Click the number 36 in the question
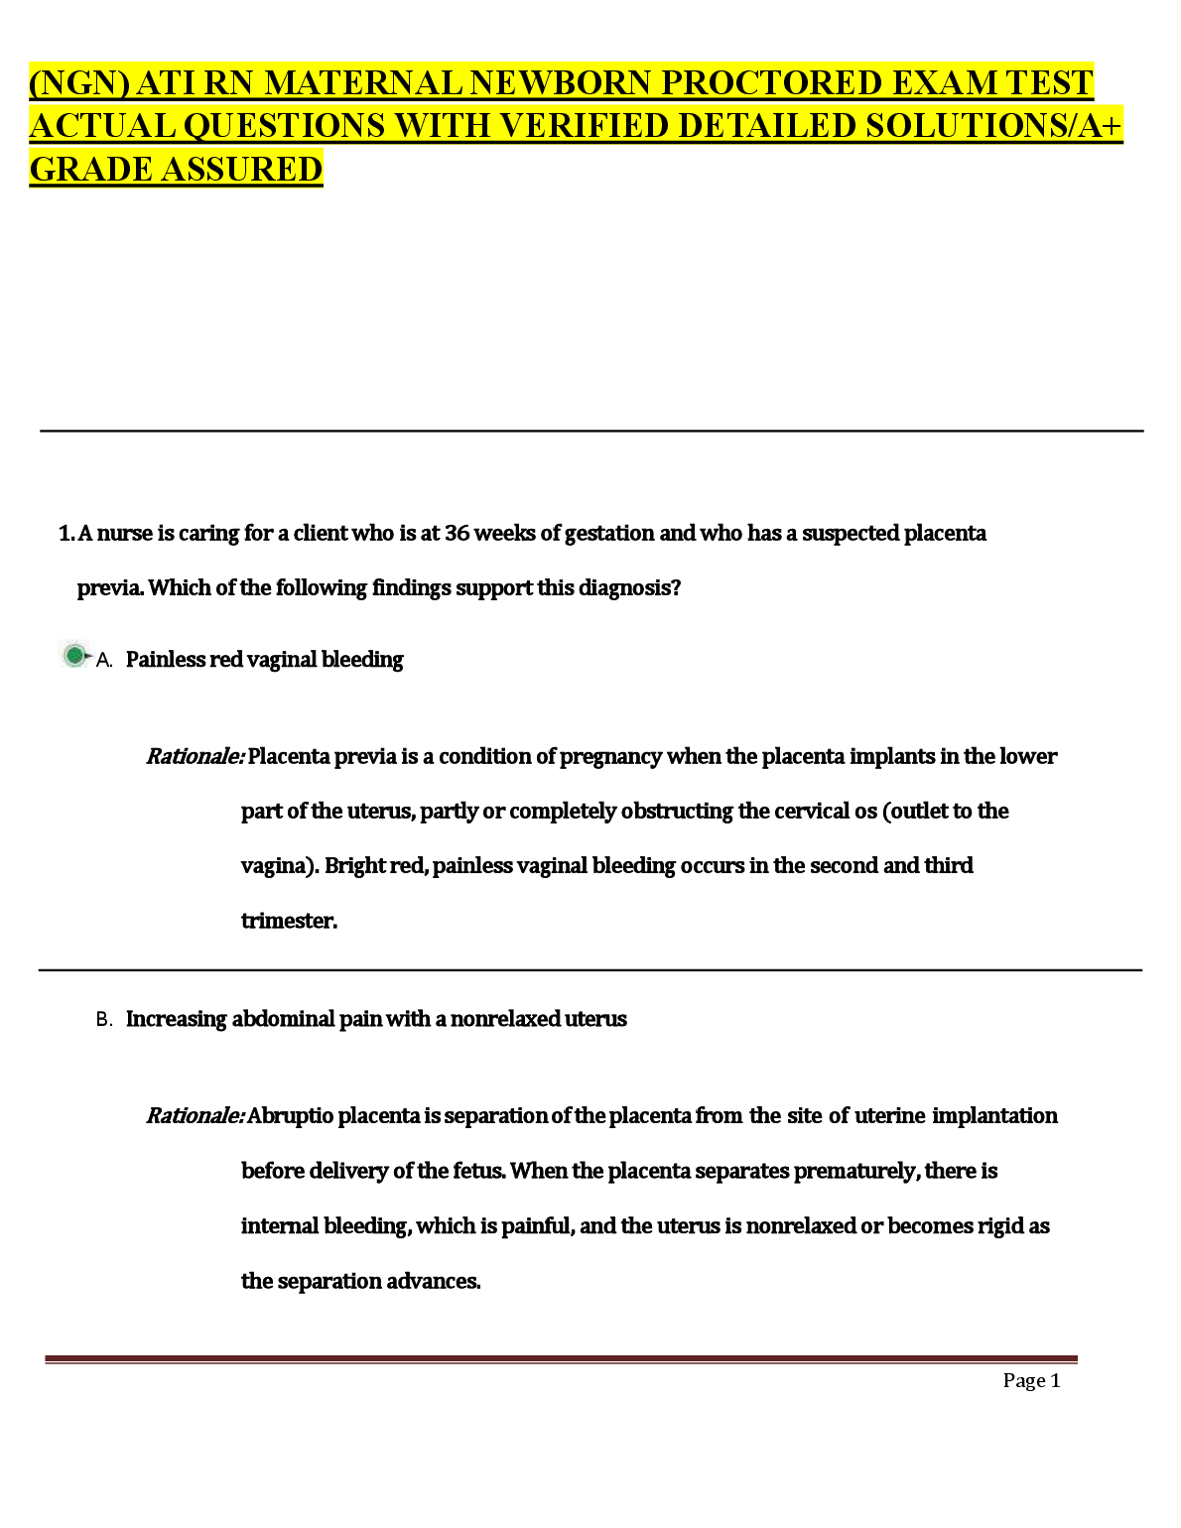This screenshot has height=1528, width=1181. (x=457, y=534)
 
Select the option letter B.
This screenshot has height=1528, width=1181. (x=103, y=1020)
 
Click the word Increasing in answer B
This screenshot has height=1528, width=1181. (x=176, y=1019)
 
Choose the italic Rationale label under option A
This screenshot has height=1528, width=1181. (x=195, y=757)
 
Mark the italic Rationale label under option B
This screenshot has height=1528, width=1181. (x=195, y=1116)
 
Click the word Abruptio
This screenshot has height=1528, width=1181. (x=290, y=1116)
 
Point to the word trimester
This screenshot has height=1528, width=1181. (x=289, y=921)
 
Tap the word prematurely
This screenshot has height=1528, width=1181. (x=858, y=1172)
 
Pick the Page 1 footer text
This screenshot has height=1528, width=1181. (x=1031, y=1381)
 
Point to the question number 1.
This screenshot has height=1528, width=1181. (x=66, y=534)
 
